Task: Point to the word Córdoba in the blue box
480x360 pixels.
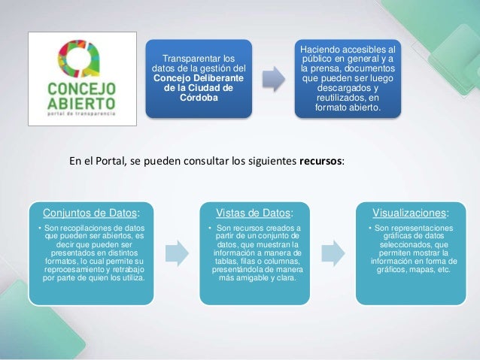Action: point(199,97)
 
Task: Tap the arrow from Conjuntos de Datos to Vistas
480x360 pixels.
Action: point(176,253)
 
